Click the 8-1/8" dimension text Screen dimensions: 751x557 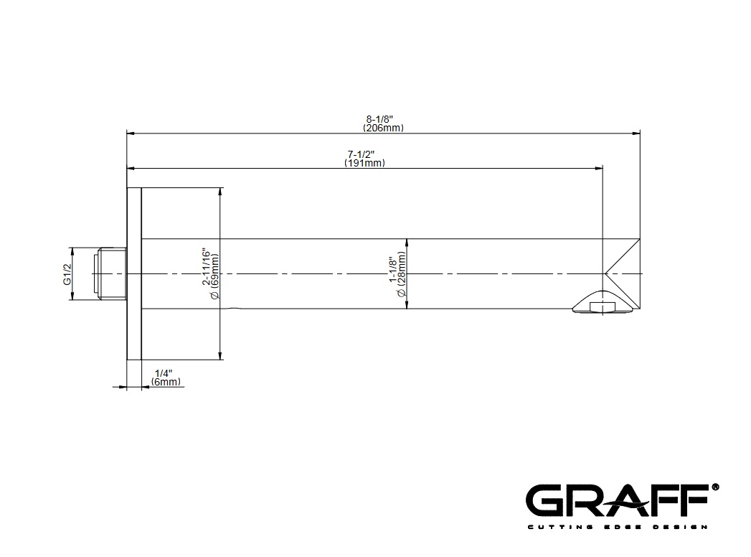[x=379, y=119]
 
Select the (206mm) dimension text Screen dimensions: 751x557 [x=383, y=128]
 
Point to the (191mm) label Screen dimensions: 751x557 [x=364, y=163]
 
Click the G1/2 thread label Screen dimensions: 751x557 [x=67, y=273]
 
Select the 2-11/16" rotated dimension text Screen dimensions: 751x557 [x=206, y=267]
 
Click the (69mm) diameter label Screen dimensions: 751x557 [x=214, y=276]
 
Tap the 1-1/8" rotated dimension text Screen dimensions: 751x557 [x=392, y=269]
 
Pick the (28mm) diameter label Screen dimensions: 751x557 [x=402, y=273]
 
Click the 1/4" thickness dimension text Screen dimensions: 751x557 [x=164, y=373]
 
